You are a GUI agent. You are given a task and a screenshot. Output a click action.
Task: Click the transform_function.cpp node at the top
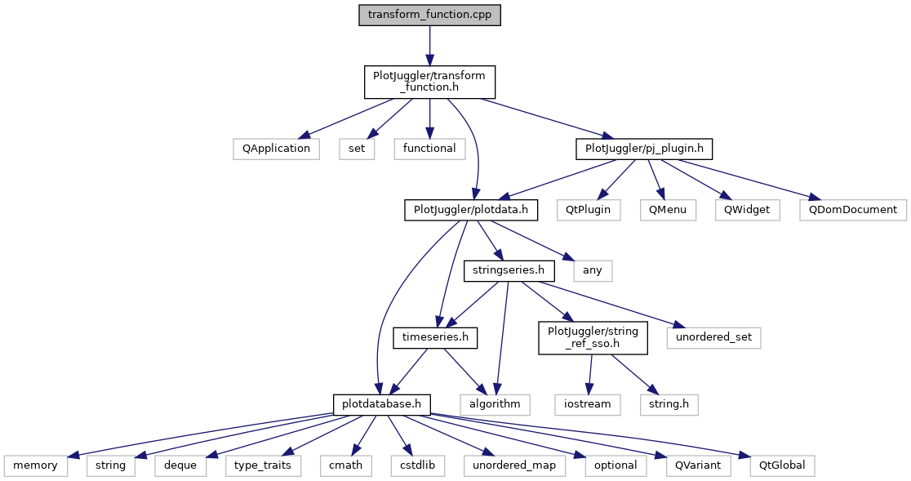tap(429, 16)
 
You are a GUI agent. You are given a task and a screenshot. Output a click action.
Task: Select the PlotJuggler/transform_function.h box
tap(429, 82)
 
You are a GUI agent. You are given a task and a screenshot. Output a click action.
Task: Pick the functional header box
tap(429, 149)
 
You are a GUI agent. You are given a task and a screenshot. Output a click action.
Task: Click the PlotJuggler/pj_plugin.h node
tap(644, 149)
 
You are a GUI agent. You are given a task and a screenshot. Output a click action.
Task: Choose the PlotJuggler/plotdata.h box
tap(472, 210)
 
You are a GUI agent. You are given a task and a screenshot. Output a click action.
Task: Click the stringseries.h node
tap(509, 270)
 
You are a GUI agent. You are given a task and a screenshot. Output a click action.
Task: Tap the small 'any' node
tap(593, 270)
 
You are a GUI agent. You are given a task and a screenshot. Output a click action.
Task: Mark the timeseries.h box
tap(435, 336)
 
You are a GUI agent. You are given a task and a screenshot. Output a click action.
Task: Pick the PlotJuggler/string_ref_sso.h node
tap(593, 336)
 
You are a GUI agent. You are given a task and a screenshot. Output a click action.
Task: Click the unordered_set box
tap(714, 336)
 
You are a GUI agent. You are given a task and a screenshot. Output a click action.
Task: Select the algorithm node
tap(495, 403)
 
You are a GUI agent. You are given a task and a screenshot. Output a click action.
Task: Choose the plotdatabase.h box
tap(382, 403)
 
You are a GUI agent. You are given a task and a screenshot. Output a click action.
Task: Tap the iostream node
tap(587, 403)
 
